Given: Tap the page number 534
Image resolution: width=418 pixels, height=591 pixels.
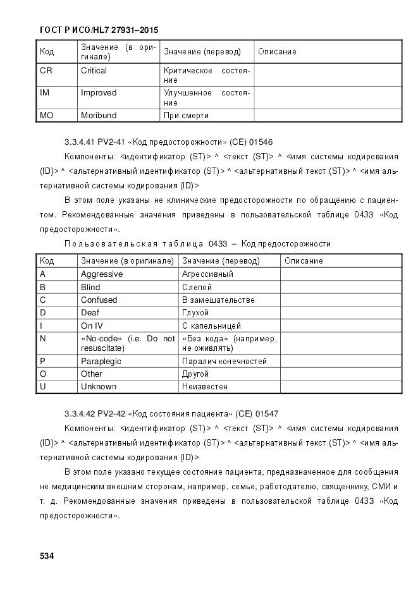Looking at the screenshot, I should click(x=47, y=556).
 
